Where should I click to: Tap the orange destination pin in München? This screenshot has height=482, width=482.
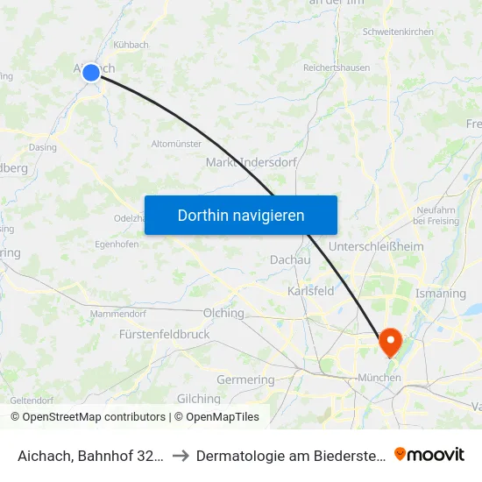click(389, 342)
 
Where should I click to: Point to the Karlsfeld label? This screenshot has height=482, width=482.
click(311, 291)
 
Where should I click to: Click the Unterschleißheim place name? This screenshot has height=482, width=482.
click(376, 248)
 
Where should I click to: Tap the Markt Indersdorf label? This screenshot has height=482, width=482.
click(251, 162)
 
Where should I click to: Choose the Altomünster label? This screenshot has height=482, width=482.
click(176, 144)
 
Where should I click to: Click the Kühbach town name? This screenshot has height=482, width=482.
click(131, 45)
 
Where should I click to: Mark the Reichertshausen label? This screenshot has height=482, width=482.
click(337, 67)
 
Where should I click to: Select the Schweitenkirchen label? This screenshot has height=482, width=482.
click(404, 32)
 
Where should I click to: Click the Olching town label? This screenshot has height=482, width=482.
click(223, 313)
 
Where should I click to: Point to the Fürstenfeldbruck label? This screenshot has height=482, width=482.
click(164, 335)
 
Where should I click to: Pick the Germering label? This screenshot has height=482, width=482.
click(245, 379)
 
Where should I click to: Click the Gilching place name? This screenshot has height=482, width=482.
click(198, 399)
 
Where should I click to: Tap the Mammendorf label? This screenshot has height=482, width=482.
click(117, 313)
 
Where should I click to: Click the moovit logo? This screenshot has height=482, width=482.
click(429, 454)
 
